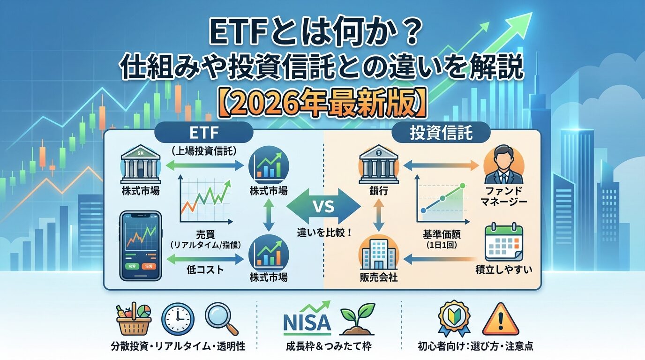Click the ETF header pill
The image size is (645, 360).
[204, 132]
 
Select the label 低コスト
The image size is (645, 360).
[203, 270]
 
